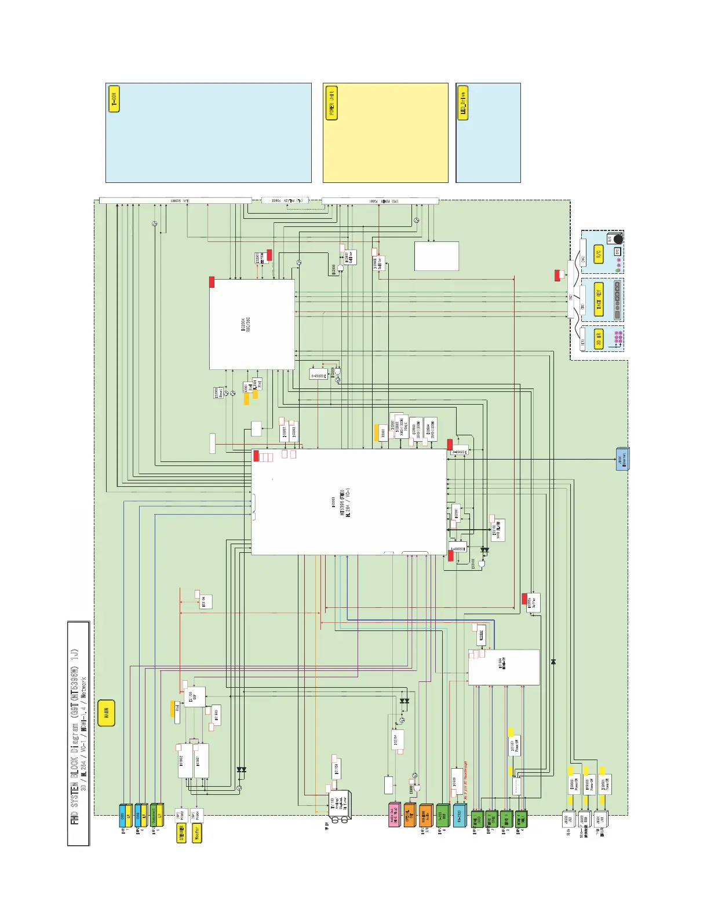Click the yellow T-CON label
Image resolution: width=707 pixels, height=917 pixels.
click(x=114, y=99)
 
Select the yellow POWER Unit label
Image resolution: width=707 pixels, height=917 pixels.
click(x=331, y=103)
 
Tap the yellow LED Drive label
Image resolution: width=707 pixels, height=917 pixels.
click(x=462, y=103)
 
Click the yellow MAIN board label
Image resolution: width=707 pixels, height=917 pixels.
click(x=107, y=713)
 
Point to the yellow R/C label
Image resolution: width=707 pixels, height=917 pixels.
click(x=599, y=254)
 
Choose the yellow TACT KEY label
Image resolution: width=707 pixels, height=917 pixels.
click(x=599, y=299)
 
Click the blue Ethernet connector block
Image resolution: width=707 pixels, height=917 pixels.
click(x=622, y=459)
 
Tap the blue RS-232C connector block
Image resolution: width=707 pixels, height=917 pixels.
click(x=460, y=815)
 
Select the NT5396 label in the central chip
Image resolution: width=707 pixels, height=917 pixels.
click(x=342, y=504)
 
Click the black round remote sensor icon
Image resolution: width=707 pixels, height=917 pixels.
click(x=618, y=239)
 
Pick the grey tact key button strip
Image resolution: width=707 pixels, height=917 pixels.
click(x=618, y=300)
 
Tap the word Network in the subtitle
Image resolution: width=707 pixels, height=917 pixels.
click(x=84, y=689)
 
